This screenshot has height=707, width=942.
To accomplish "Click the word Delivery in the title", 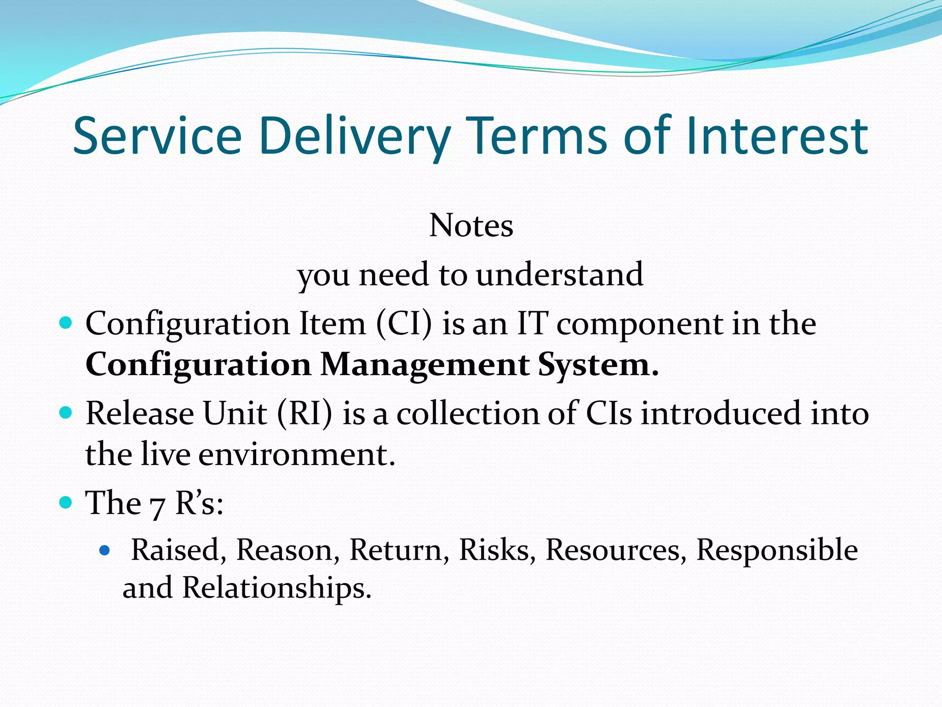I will coord(354,136).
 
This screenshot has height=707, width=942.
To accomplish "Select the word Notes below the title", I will coord(471,226).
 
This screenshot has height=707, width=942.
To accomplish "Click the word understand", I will coord(559,274).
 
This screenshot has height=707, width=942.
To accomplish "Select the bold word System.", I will coord(598,365).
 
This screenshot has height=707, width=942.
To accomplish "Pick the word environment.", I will coord(297,454).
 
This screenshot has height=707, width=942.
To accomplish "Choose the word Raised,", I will coord(178,550).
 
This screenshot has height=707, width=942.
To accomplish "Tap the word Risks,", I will coord(497,550).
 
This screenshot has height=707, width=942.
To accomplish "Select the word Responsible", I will coord(777,550).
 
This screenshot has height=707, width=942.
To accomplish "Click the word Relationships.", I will coord(276,588).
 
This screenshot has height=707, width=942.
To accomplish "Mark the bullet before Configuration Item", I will coord(66,323).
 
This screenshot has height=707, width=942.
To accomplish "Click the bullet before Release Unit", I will coord(66,412).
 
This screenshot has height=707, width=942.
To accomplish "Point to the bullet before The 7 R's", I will coord(66,502).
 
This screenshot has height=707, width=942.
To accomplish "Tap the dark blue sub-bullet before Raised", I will coord(105,550).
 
